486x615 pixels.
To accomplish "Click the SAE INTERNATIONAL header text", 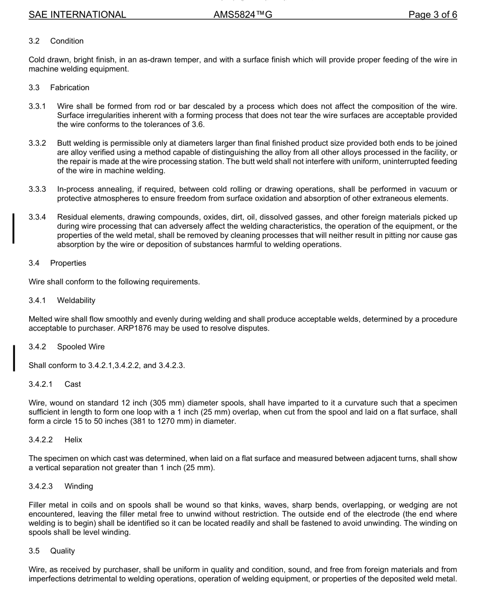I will click(x=77, y=15).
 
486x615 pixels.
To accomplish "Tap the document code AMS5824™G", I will click(x=242, y=15).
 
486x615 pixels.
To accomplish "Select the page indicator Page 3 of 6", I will click(x=432, y=15).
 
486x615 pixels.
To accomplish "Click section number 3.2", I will click(x=34, y=41).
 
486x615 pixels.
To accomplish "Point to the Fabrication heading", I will click(x=70, y=87).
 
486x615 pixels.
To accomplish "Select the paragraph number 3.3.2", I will click(x=37, y=143).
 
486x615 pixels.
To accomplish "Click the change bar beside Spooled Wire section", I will click(x=14, y=357).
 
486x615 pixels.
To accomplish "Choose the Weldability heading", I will click(x=76, y=300).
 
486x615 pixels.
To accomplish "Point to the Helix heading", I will click(x=73, y=440).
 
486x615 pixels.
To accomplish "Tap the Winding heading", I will click(x=79, y=486).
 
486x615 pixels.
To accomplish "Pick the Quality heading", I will click(x=62, y=551).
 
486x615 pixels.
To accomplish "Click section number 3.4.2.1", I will click(x=41, y=384).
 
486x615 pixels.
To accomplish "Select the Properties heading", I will click(x=68, y=263).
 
